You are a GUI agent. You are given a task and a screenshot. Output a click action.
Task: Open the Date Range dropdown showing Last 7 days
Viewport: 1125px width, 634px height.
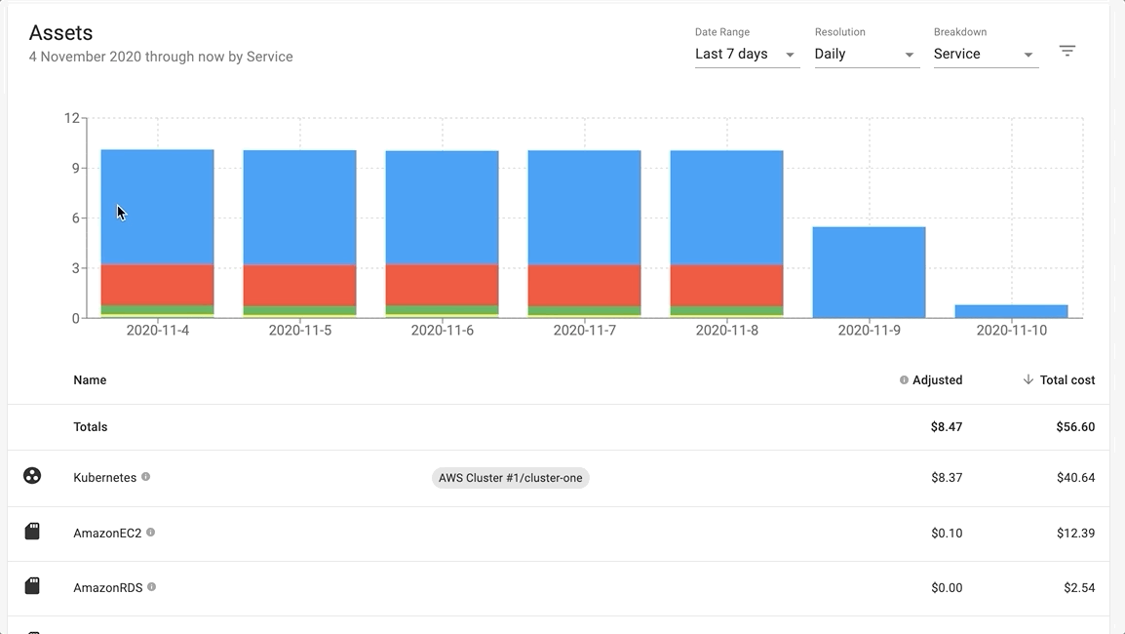point(746,55)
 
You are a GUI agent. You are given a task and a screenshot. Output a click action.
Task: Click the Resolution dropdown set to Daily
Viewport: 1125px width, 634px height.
point(866,55)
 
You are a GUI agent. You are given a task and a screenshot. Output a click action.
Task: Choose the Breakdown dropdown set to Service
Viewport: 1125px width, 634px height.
point(985,55)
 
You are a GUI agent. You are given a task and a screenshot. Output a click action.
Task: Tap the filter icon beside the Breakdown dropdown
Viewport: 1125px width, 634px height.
point(1067,51)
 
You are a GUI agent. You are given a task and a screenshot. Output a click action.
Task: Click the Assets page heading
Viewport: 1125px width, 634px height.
point(60,33)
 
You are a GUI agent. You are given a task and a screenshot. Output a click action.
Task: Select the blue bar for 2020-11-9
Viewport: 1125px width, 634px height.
point(869,272)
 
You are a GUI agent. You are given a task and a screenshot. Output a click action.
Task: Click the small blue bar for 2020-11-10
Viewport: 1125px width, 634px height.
point(1011,311)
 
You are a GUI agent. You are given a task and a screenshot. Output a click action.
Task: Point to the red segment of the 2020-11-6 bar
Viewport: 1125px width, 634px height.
point(442,285)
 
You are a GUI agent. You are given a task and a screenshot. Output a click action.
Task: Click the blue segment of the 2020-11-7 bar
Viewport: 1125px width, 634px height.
point(584,207)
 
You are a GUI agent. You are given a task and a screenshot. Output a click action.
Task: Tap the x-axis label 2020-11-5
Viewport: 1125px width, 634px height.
point(299,331)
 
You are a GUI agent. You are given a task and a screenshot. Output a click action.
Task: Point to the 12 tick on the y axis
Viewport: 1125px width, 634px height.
point(71,118)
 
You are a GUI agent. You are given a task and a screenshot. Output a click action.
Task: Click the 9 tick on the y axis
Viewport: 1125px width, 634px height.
point(75,168)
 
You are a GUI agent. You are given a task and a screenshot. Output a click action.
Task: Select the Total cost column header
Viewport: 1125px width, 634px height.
point(1067,380)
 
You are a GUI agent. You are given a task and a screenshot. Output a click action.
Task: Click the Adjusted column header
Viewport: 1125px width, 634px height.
point(937,380)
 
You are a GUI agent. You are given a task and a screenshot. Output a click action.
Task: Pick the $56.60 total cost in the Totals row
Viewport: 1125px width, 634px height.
point(1075,427)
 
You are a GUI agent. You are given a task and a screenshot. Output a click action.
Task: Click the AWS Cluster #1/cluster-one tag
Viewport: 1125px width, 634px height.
point(511,478)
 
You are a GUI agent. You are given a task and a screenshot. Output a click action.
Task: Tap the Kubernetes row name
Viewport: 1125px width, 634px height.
point(104,478)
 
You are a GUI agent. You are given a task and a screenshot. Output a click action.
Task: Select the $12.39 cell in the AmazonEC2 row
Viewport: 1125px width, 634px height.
point(1075,534)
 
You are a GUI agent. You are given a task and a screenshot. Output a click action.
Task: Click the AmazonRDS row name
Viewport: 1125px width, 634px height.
point(107,588)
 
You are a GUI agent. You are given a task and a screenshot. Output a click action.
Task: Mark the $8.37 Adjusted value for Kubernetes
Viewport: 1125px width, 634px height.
point(946,478)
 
